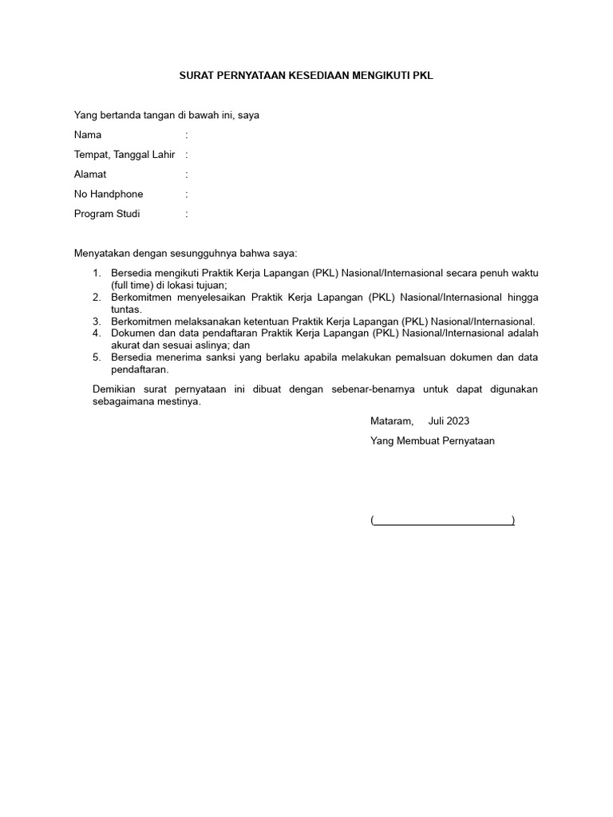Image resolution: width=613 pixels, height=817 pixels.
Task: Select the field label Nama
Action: (x=88, y=135)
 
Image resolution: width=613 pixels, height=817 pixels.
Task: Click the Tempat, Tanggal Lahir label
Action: (x=125, y=155)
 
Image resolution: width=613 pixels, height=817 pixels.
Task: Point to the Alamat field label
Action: (x=90, y=174)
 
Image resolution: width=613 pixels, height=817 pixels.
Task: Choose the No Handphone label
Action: (x=109, y=194)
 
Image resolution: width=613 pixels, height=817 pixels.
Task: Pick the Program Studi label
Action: (x=107, y=214)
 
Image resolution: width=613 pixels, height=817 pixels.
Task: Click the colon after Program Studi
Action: (x=187, y=214)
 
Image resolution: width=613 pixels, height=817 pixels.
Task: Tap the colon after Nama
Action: (x=187, y=135)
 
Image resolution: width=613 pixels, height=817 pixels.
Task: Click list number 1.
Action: (x=96, y=273)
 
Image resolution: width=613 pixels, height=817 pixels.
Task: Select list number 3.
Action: (x=96, y=321)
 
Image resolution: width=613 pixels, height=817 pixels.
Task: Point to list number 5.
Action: (x=96, y=357)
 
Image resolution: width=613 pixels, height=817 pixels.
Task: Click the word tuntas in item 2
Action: (x=125, y=310)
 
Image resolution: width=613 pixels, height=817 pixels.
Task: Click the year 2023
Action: (x=458, y=420)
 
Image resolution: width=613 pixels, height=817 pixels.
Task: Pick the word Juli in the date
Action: (x=437, y=420)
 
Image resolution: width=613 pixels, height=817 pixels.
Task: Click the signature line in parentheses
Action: (x=442, y=520)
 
